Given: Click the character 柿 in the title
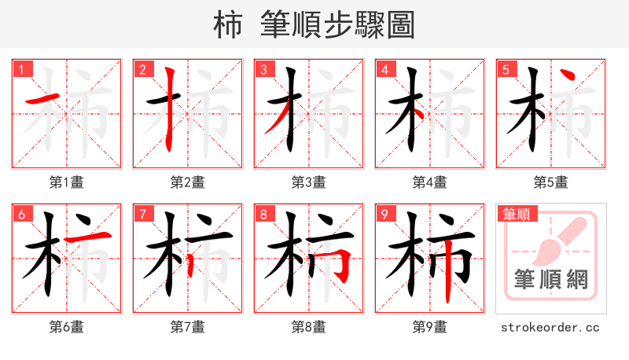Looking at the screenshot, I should pyautogui.click(x=228, y=25).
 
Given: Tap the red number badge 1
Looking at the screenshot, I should pyautogui.click(x=20, y=69).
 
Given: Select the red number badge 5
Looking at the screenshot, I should pyautogui.click(x=505, y=69).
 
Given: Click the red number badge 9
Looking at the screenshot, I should pyautogui.click(x=384, y=214).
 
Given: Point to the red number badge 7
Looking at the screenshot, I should pyautogui.click(x=142, y=214).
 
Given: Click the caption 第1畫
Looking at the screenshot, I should pyautogui.click(x=67, y=182).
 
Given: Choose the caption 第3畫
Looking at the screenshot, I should pyautogui.click(x=309, y=182).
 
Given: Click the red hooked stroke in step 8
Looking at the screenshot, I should pyautogui.click(x=343, y=263).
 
